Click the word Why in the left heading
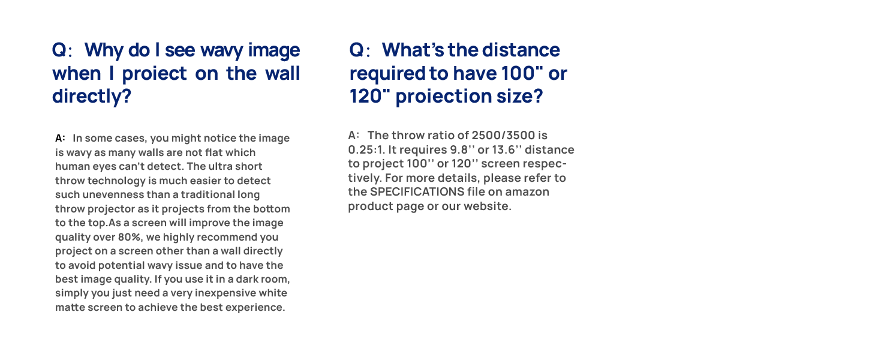(x=104, y=50)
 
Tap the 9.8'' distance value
(x=462, y=149)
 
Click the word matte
(x=71, y=308)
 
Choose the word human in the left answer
(x=70, y=167)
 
